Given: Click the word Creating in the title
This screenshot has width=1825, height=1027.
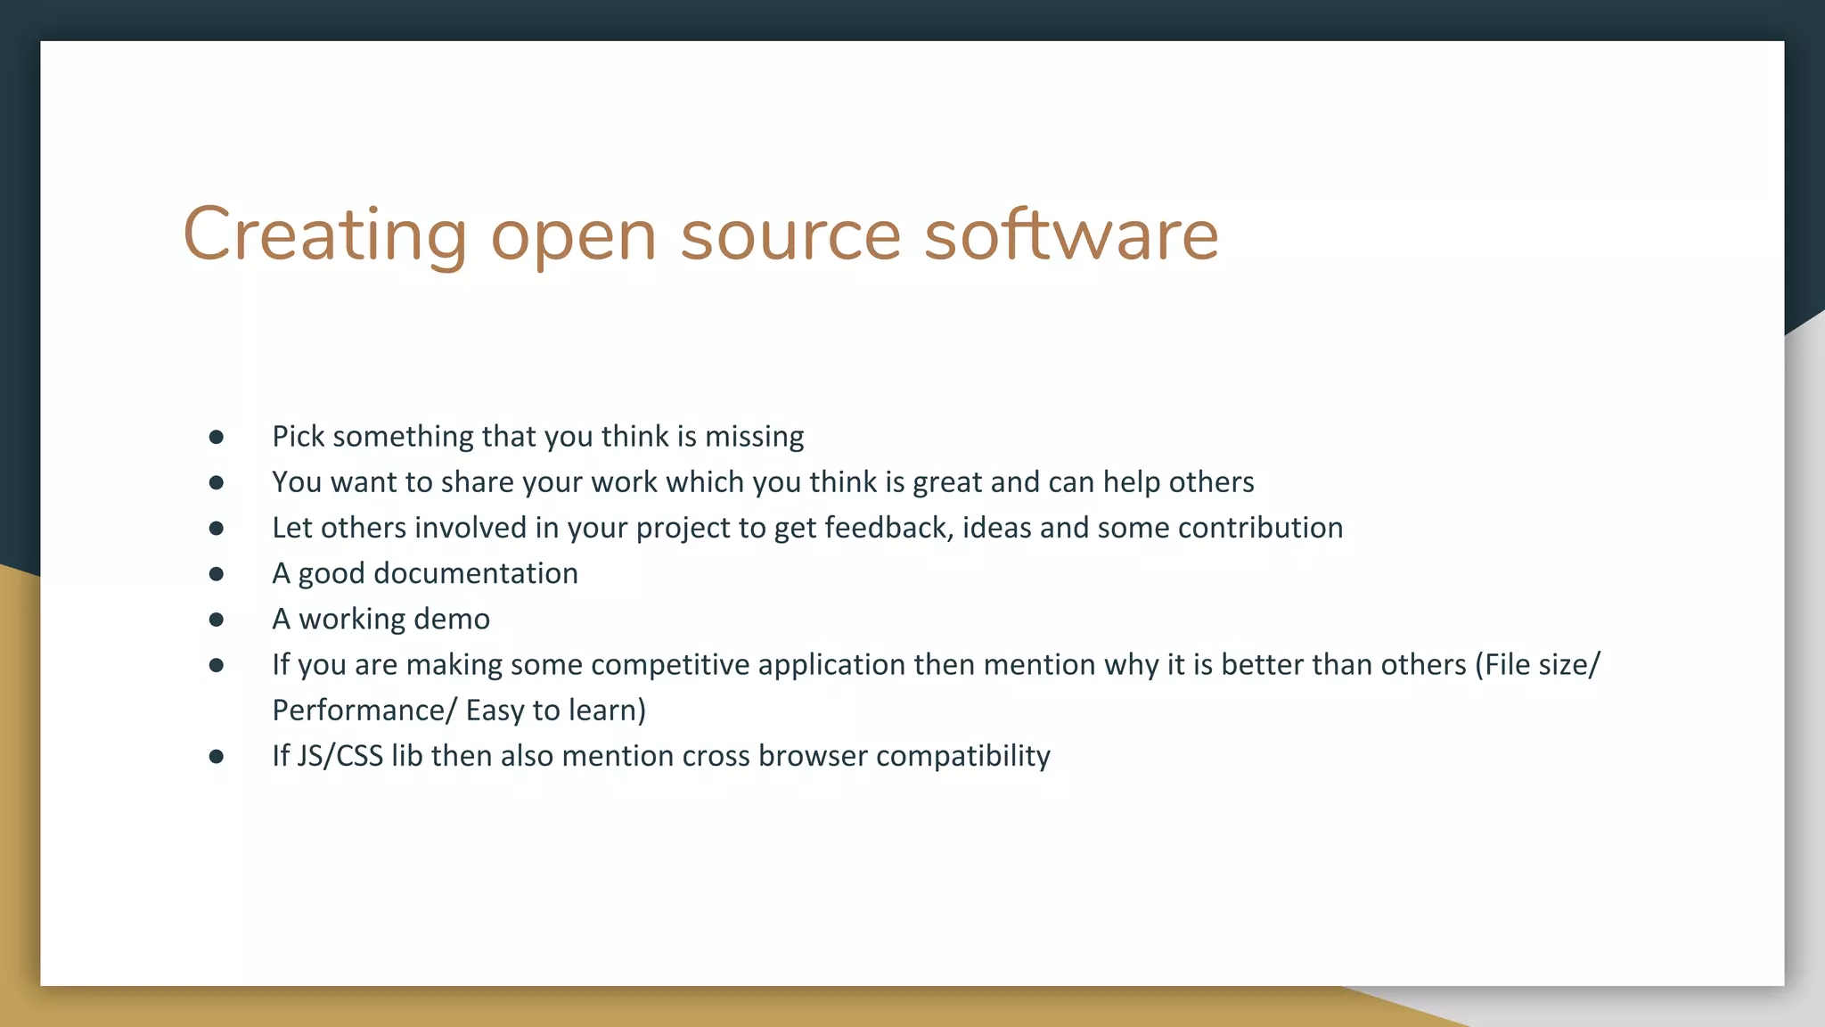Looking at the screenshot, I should (324, 234).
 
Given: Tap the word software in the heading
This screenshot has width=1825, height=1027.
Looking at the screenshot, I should (1071, 234).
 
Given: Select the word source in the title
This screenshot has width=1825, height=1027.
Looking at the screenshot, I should (791, 234).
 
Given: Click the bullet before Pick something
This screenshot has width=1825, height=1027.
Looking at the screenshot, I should (217, 437).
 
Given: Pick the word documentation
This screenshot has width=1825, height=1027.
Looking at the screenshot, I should (475, 573).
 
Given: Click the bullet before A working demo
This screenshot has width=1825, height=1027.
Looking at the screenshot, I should (217, 620).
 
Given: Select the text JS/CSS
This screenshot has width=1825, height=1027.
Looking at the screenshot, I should (340, 756).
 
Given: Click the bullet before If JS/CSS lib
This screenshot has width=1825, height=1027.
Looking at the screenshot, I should (217, 757).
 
